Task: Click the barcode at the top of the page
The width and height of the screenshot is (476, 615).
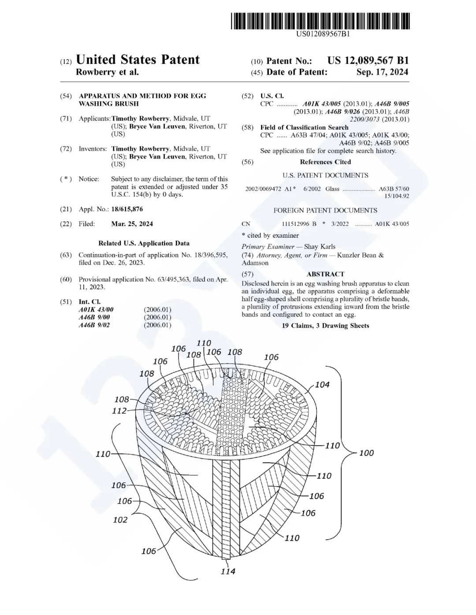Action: pyautogui.click(x=320, y=21)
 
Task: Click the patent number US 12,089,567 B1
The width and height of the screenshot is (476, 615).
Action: pyautogui.click(x=368, y=61)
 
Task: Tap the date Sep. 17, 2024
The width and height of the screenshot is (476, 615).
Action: pyautogui.click(x=382, y=72)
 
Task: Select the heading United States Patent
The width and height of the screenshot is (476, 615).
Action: pyautogui.click(x=138, y=60)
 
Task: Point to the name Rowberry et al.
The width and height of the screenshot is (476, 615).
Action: pyautogui.click(x=107, y=72)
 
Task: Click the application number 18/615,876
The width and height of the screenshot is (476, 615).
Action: pyautogui.click(x=127, y=209)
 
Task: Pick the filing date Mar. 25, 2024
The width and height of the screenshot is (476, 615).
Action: pyautogui.click(x=132, y=224)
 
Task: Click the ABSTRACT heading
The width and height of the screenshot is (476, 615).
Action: pyautogui.click(x=325, y=274)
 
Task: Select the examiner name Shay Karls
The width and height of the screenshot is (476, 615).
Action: pyautogui.click(x=320, y=247)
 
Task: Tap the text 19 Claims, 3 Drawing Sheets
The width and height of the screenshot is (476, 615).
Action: pyautogui.click(x=325, y=326)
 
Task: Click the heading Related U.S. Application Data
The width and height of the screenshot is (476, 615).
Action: pyautogui.click(x=144, y=243)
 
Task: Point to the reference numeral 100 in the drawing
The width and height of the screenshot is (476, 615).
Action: pyautogui.click(x=366, y=453)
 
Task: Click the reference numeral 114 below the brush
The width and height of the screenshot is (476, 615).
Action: pyautogui.click(x=228, y=571)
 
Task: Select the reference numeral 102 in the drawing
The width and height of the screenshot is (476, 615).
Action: pyautogui.click(x=120, y=520)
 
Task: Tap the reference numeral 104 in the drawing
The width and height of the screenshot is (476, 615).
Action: pyautogui.click(x=322, y=385)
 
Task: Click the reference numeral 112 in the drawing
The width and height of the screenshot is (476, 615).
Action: pyautogui.click(x=119, y=411)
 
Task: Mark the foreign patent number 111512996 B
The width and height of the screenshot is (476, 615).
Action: pyautogui.click(x=299, y=224)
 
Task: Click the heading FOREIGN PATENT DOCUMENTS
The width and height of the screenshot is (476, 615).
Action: pyautogui.click(x=325, y=210)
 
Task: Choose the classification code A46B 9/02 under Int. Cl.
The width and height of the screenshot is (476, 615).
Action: pyautogui.click(x=94, y=325)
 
